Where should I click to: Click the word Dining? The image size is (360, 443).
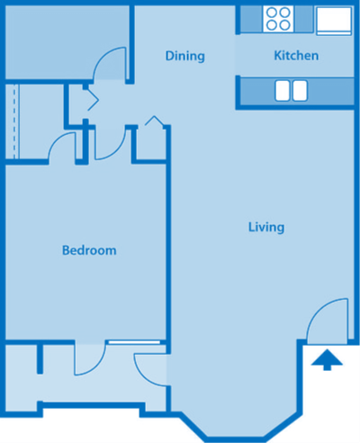pyautogui.click(x=185, y=56)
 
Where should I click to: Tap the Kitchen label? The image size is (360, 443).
pyautogui.click(x=296, y=56)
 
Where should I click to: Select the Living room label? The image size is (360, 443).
pyautogui.click(x=265, y=227)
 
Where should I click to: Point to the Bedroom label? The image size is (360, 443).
pyautogui.click(x=88, y=249)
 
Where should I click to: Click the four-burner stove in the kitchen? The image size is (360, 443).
pyautogui.click(x=277, y=18)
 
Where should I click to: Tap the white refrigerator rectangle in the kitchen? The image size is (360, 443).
pyautogui.click(x=332, y=19)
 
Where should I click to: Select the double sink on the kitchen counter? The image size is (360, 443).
pyautogui.click(x=290, y=90)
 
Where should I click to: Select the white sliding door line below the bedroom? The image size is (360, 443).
pyautogui.click(x=133, y=342)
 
